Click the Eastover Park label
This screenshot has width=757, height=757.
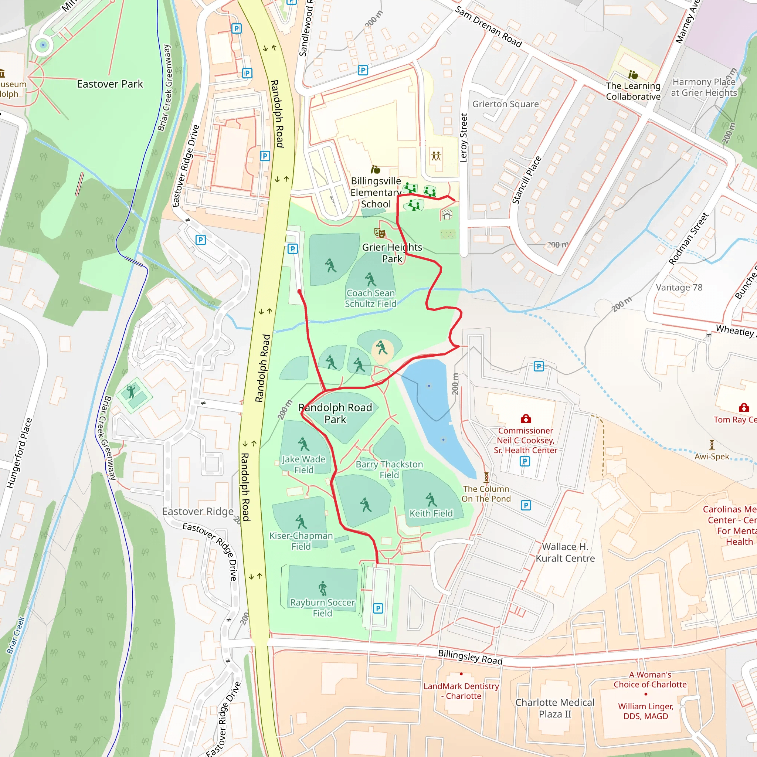click(110, 84)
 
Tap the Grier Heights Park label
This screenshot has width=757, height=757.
click(392, 253)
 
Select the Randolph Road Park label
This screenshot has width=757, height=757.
click(335, 413)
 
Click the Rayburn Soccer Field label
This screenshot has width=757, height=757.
click(322, 607)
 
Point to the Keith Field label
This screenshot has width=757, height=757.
click(431, 513)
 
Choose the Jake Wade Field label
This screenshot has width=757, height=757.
click(304, 464)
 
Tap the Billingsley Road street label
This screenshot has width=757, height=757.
click(470, 657)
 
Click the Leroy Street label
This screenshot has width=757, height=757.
click(464, 138)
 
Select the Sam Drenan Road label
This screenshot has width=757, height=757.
click(488, 27)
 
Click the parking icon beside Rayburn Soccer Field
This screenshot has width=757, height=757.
click(378, 608)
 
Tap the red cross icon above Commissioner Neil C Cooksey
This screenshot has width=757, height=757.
click(526, 419)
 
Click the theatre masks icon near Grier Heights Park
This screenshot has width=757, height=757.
click(379, 233)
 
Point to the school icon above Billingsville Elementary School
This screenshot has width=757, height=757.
click(376, 169)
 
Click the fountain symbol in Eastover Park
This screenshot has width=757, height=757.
click(43, 45)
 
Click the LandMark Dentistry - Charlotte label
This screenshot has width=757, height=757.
click(461, 691)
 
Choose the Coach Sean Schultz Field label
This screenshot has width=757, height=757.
click(370, 298)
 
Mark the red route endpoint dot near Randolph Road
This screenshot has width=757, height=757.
click(299, 292)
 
